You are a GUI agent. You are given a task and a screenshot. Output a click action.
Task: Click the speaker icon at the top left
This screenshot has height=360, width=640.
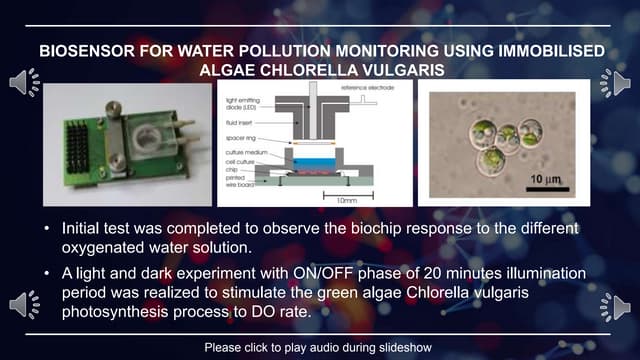coord(23,83)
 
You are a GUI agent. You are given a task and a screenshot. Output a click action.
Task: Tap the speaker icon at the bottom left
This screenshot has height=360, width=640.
coord(23,306)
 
